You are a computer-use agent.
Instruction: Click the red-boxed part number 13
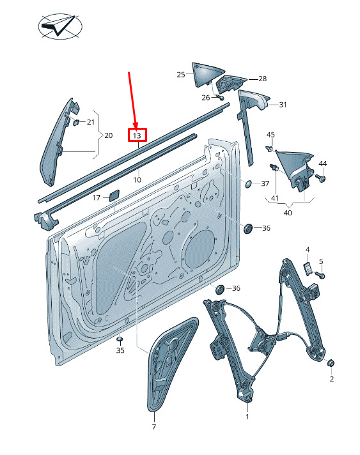(137, 135)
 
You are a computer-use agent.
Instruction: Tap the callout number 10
(137, 180)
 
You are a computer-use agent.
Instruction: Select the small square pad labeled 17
(114, 195)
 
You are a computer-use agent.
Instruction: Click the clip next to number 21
(77, 122)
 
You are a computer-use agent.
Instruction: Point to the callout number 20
(108, 135)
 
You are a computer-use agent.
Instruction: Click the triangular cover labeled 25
(208, 74)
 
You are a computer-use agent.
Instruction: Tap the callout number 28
(262, 79)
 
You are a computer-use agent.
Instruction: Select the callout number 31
(283, 105)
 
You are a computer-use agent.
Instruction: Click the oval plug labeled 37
(249, 183)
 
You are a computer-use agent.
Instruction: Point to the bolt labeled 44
(321, 178)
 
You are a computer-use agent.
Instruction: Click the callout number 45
(270, 135)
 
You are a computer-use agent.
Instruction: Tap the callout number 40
(287, 213)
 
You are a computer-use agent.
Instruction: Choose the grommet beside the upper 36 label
(247, 229)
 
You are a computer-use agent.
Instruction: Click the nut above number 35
(120, 339)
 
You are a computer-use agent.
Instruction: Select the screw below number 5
(320, 275)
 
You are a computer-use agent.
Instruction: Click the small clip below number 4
(308, 268)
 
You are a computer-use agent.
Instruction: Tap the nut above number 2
(331, 363)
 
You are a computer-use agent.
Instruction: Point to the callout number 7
(154, 427)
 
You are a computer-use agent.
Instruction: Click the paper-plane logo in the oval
(60, 26)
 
